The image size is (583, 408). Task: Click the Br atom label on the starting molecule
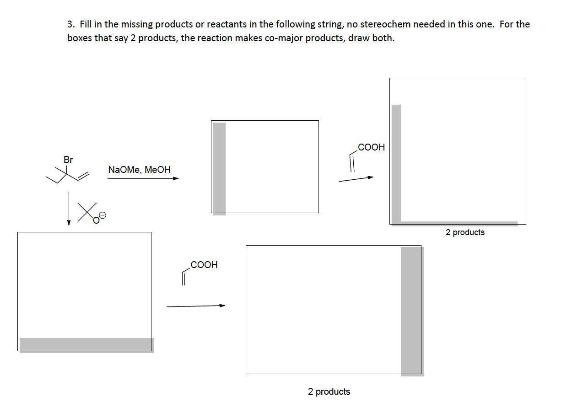coord(68,160)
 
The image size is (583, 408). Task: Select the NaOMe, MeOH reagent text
coord(139,170)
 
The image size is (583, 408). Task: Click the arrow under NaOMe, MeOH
coord(143,179)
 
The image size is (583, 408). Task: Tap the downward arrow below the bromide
coord(69,209)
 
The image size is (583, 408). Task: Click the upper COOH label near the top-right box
coord(371,147)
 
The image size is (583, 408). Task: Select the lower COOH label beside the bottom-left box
coord(204,265)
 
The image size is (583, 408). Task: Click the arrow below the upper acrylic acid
coord(356,179)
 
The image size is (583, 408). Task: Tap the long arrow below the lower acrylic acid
coord(196,306)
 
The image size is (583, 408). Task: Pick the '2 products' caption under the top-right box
coord(465,232)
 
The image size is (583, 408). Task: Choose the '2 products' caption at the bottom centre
coord(329,392)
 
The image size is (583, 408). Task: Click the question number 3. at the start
coord(71,24)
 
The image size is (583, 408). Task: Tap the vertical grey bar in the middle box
coord(220,168)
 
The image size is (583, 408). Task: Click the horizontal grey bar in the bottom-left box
coord(86,345)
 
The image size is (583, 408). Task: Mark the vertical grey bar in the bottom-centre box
coord(411,311)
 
